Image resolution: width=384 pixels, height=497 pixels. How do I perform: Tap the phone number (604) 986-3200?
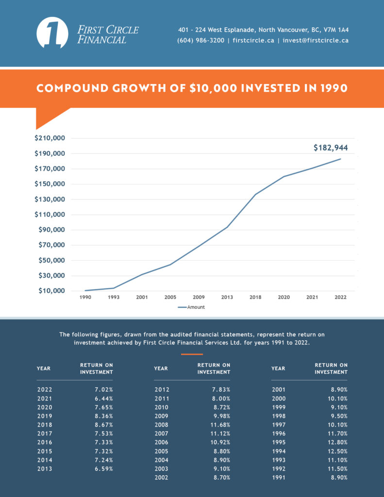(x=201, y=41)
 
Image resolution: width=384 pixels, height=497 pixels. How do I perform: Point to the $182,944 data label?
(x=331, y=148)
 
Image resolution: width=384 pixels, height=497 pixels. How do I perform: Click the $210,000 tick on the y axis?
(x=50, y=138)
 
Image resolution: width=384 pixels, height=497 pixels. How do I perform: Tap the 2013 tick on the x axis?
(x=227, y=297)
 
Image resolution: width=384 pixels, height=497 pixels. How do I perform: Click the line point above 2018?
(x=255, y=194)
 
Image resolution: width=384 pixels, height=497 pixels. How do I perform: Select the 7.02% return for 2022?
(x=103, y=389)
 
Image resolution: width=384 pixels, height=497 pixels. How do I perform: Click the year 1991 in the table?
(x=279, y=478)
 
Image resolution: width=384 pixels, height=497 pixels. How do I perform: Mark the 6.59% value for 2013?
(x=103, y=469)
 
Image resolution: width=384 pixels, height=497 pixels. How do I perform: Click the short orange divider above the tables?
(x=192, y=354)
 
